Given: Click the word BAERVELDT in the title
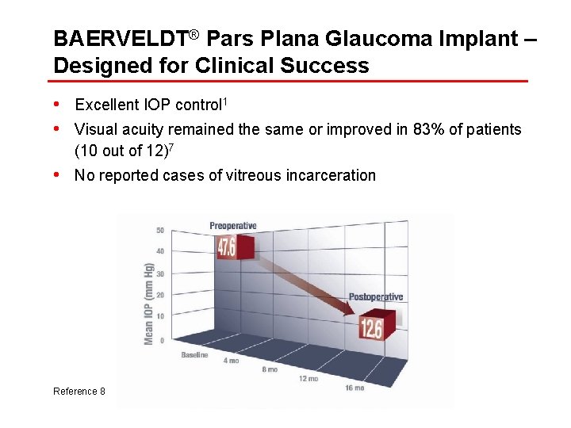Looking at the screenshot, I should (119, 39).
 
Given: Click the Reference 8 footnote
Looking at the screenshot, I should (79, 392).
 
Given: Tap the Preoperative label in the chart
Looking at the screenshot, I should (233, 226).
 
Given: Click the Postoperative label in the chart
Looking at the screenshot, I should (376, 297).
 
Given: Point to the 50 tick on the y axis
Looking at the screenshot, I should (160, 231).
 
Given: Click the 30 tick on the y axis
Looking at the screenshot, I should (160, 274).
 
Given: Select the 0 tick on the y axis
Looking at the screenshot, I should (162, 340).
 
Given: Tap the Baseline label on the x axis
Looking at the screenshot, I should (194, 355).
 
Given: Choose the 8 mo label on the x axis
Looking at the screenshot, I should (270, 369).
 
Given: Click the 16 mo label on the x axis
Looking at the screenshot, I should (354, 388).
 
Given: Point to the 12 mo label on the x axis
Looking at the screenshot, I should (308, 378).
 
